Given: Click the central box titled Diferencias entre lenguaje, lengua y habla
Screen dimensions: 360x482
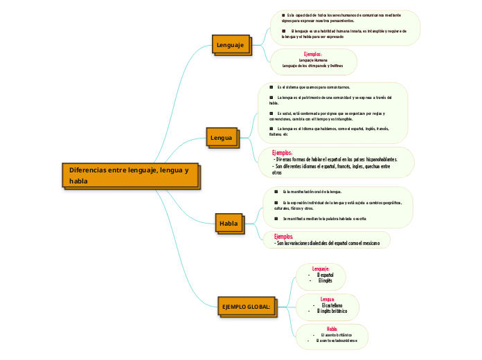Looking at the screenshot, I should [x=130, y=174].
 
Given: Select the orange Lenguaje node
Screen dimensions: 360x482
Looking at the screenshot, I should [x=231, y=45].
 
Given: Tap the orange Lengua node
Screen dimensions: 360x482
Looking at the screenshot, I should [x=221, y=138].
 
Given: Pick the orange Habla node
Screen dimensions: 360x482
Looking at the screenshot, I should [x=229, y=224].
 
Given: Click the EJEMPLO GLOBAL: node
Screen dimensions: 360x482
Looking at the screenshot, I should [x=245, y=305].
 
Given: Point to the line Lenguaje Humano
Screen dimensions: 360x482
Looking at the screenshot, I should [x=313, y=60].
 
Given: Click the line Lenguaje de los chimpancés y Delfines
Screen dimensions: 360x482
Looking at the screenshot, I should [x=313, y=66].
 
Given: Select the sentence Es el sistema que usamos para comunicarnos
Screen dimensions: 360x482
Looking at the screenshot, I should [x=313, y=87].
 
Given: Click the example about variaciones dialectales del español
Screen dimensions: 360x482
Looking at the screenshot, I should [x=327, y=244].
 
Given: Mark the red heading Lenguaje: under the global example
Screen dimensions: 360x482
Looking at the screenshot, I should [x=321, y=269].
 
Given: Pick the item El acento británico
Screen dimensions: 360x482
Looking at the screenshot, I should [x=335, y=334].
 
